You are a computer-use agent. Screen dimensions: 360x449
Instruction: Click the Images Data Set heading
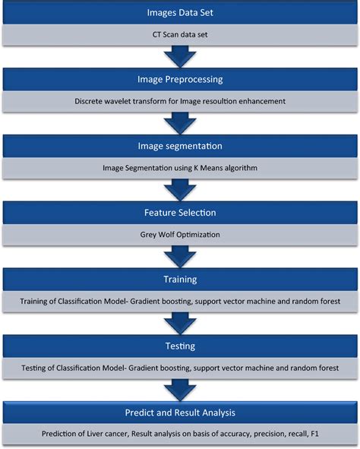tap(180, 13)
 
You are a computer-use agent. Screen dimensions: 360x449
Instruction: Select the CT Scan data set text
tap(180, 35)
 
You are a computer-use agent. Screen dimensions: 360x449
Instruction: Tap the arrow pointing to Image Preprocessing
tap(180, 57)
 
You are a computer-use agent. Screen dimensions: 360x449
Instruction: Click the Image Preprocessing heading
tap(180, 79)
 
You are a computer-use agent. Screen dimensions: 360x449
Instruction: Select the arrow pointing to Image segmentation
tap(180, 123)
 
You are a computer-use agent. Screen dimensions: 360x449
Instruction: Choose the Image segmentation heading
tap(180, 146)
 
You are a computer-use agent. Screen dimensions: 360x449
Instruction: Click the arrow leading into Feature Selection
tap(180, 190)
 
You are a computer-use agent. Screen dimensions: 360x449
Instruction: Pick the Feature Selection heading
tap(180, 213)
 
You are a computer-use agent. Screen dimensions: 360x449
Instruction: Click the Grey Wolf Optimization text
tap(180, 235)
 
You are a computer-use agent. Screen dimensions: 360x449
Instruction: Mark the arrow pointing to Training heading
tap(180, 257)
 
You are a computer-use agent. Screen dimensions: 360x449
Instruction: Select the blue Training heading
tap(180, 280)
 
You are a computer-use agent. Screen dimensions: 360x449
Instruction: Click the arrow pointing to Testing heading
tap(180, 324)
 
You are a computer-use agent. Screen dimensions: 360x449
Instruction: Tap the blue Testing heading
tap(180, 346)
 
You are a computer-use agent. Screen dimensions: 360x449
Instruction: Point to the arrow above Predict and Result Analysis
tap(180, 391)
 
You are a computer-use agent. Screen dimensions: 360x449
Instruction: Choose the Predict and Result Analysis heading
tap(180, 413)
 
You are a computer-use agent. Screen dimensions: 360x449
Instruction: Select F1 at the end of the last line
tap(314, 434)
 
